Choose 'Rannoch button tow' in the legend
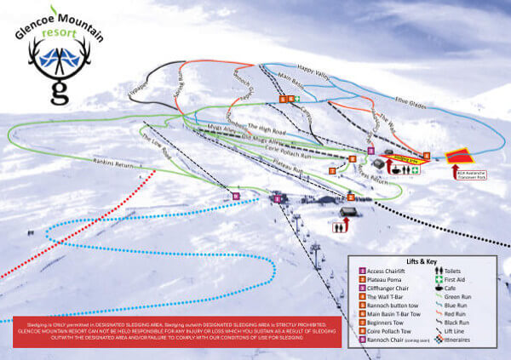(x=394, y=306)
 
